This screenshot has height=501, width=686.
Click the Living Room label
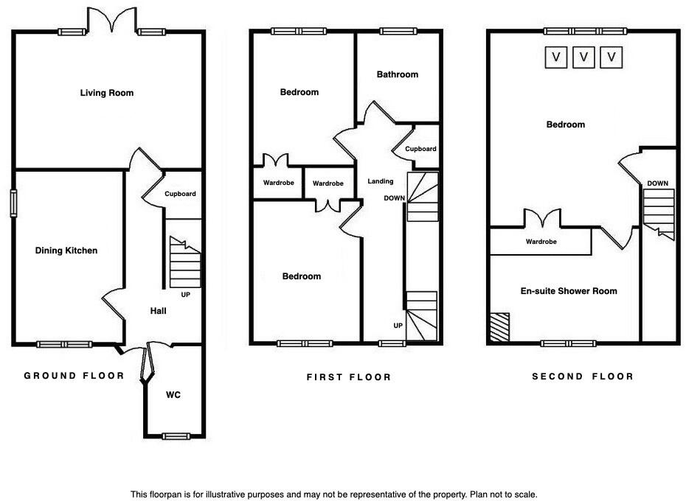(107, 93)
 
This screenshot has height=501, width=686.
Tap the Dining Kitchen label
(66, 251)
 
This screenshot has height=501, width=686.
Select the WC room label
(173, 395)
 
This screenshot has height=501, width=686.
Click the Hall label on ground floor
(158, 311)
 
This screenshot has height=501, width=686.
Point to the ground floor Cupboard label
(180, 194)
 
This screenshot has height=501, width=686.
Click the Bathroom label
(397, 74)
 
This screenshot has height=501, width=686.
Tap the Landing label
(381, 181)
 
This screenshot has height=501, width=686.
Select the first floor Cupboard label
(420, 149)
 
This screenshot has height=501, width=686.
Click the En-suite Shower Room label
(569, 291)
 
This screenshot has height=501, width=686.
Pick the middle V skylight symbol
(583, 57)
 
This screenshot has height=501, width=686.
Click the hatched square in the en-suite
(499, 325)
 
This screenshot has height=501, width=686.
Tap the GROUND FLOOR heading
(75, 376)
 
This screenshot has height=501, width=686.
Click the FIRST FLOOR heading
(349, 377)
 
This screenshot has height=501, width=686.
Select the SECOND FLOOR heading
(583, 376)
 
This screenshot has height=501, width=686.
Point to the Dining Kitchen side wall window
(13, 203)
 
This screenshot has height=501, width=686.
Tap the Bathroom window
(397, 31)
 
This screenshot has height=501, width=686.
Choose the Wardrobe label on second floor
(541, 242)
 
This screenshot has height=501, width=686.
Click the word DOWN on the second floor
(658, 183)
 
